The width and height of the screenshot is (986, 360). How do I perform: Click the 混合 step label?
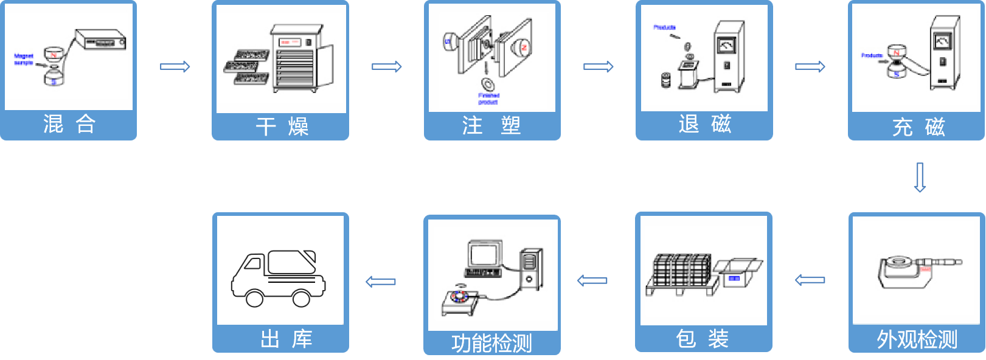69,124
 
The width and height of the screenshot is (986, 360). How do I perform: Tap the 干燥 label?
281,126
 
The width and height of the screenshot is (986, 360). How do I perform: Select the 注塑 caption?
491,125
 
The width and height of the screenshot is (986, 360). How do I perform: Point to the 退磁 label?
704,124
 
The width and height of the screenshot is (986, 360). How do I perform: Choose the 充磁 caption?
917,126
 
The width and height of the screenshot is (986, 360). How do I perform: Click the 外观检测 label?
917,339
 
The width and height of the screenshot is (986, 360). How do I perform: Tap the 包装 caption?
703,338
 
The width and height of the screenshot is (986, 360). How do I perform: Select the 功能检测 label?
491,343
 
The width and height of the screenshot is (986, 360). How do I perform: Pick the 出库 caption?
286,339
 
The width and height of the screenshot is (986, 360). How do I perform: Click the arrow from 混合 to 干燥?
175,66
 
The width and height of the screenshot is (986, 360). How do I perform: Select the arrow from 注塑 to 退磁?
598,66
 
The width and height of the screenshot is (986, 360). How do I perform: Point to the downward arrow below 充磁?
920,177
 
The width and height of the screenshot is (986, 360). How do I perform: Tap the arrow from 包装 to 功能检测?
592,280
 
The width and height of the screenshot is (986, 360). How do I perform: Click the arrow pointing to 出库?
381,282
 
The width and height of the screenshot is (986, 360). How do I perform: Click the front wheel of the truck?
254,298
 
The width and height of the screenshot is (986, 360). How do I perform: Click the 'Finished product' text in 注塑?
488,99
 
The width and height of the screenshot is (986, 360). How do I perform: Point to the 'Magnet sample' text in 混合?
24,59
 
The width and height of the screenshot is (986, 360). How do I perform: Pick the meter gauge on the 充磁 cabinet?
942,41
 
